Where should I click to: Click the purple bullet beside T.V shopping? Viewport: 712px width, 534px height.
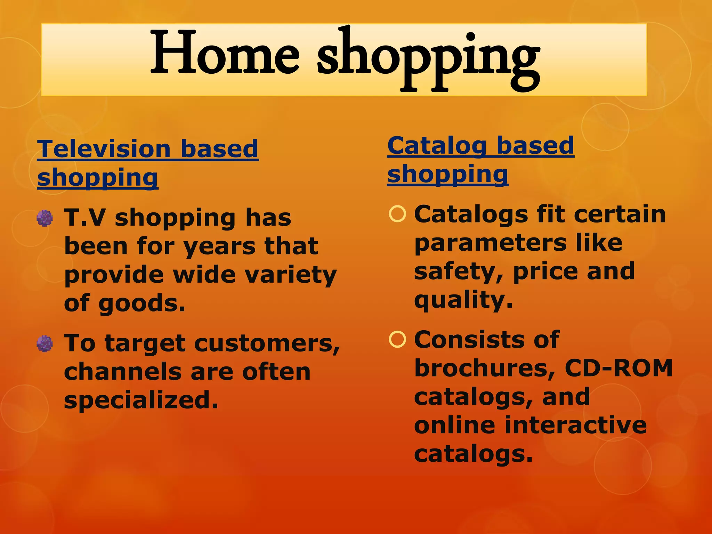tap(45, 218)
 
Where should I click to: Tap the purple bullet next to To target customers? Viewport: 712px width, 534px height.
tap(45, 344)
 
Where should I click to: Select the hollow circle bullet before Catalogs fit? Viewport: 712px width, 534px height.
tap(397, 214)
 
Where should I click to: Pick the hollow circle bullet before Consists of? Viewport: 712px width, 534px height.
tap(397, 340)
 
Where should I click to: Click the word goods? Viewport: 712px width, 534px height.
tap(141, 304)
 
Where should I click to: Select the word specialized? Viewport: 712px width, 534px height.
tap(141, 400)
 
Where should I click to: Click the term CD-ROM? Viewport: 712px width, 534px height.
tap(618, 368)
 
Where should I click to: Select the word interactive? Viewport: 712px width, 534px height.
tap(575, 425)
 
